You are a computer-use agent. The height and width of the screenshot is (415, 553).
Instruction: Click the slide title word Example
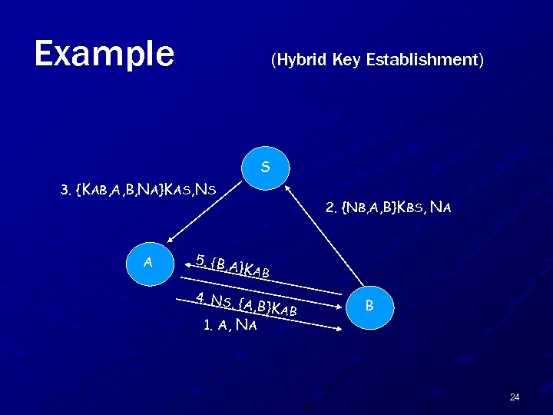[x=104, y=54]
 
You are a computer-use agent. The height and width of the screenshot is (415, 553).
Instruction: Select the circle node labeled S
[x=264, y=166]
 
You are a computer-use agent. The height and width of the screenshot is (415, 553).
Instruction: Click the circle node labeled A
[x=147, y=262]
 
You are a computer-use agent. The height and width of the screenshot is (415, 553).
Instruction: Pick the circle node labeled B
[x=369, y=305]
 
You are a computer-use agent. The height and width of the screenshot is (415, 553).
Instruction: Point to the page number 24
[x=514, y=397]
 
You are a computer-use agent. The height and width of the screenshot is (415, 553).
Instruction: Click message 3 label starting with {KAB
[x=138, y=190]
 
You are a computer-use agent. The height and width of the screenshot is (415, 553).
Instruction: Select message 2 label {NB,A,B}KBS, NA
[x=388, y=207]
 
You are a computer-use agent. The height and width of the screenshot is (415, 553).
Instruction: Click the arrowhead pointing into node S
[x=285, y=185]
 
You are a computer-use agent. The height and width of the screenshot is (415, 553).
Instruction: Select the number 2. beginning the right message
[x=332, y=207]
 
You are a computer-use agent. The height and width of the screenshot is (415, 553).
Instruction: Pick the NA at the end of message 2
[x=441, y=207]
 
